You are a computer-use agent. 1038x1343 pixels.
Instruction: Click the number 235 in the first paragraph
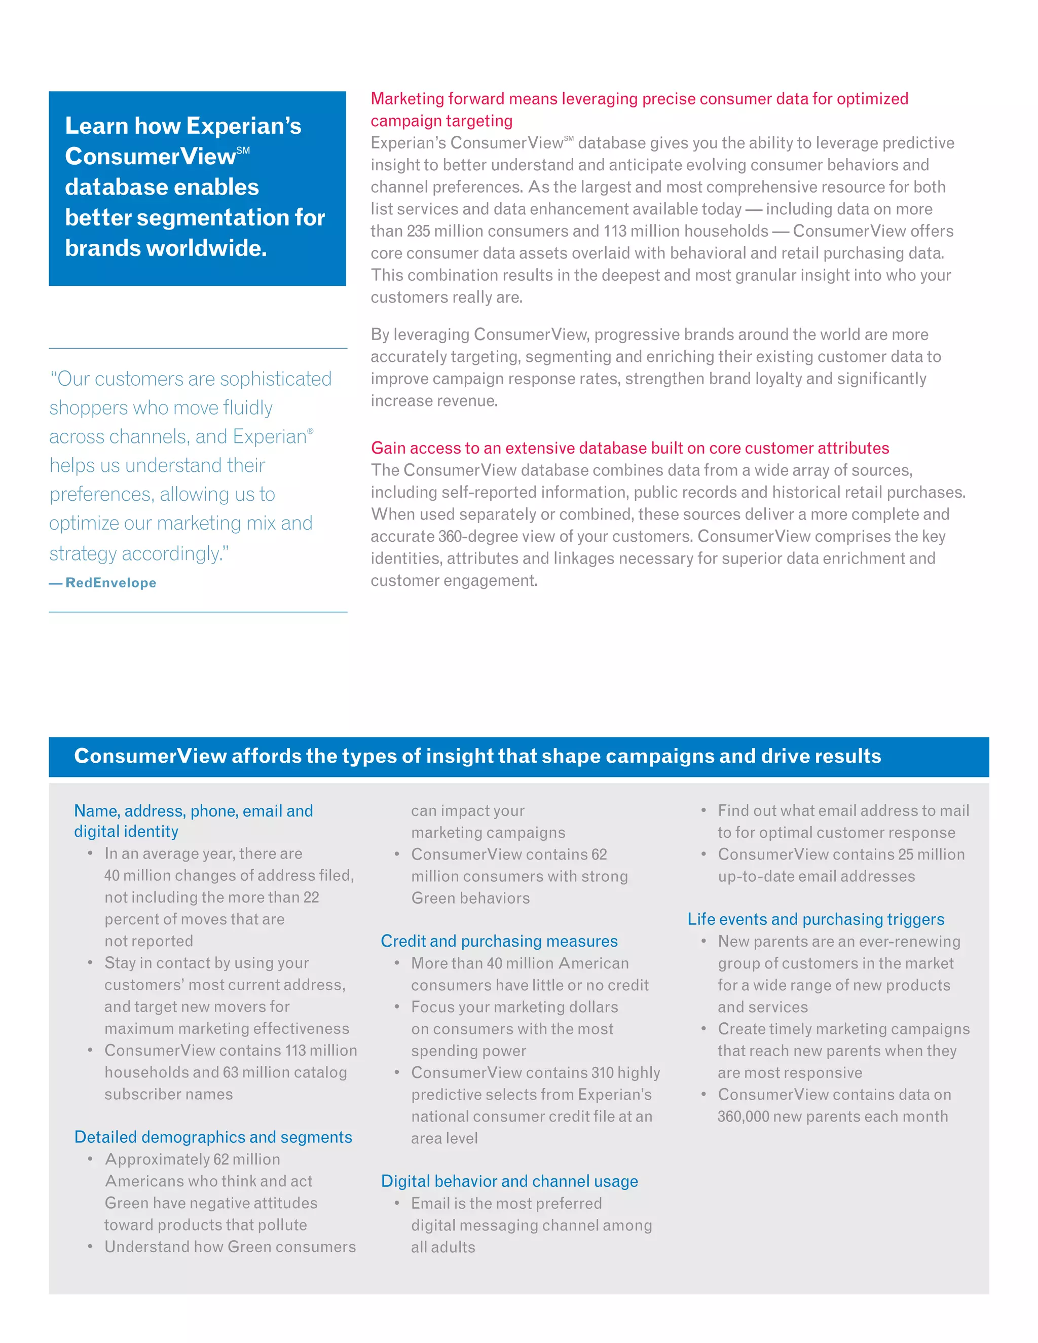[x=418, y=231]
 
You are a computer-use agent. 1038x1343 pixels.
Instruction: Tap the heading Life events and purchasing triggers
[x=815, y=919]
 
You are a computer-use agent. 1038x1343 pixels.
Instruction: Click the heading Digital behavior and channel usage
[x=509, y=1181]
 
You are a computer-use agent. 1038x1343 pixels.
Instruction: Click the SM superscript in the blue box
[x=243, y=150]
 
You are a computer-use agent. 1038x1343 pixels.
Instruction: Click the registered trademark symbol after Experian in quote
[x=311, y=431]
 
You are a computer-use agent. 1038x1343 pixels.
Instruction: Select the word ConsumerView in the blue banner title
[x=150, y=756]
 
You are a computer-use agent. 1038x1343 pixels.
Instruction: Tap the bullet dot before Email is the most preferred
[x=397, y=1202]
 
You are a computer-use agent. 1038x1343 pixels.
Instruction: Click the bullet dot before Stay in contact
[x=90, y=962]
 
